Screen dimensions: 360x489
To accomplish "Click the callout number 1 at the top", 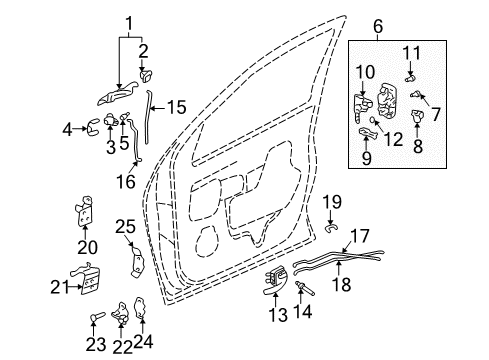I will pos(127,21).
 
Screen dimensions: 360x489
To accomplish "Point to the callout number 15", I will pos(175,107).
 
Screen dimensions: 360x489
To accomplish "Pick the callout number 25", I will pos(124,226).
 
